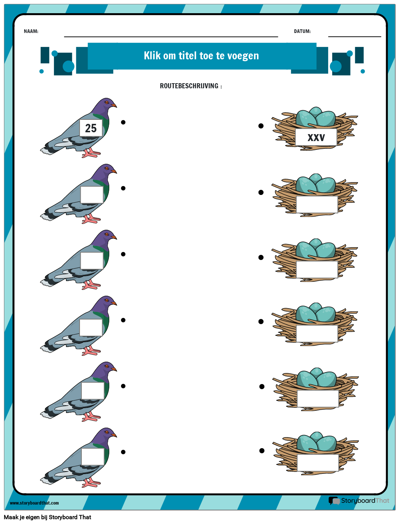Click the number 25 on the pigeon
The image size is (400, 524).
point(91,128)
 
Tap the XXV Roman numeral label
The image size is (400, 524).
point(316,137)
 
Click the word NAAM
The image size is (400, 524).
point(30,31)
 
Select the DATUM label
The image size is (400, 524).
point(302,31)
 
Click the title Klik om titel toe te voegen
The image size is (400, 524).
point(201,56)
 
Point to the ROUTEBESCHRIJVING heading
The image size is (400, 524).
point(191,86)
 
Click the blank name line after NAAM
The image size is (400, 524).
point(171,37)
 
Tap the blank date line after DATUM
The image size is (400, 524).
point(355,37)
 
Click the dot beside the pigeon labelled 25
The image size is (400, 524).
point(123,122)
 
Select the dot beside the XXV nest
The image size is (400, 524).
point(261,126)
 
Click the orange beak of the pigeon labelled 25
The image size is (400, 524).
point(114,105)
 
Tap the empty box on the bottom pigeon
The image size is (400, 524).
point(93,457)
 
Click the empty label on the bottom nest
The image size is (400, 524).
point(318,463)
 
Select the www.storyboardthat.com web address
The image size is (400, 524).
point(34,503)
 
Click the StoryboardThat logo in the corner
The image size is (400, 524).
point(359,501)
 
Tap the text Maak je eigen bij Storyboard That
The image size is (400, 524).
point(48,517)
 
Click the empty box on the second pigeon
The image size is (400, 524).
point(92,195)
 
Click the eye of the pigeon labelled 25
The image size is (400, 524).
point(106,102)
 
